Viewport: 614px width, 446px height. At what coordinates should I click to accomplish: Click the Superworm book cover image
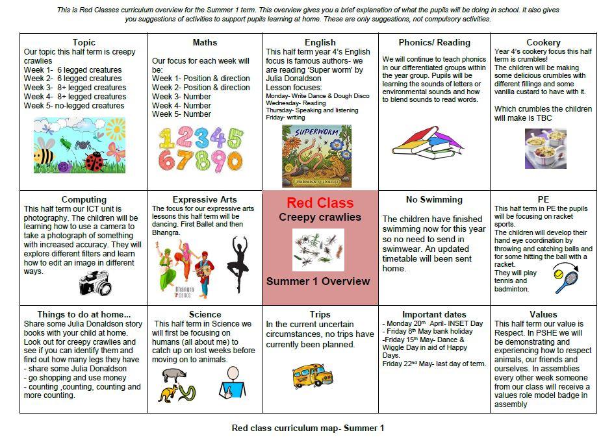pos(316,156)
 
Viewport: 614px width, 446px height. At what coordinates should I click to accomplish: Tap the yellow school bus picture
pos(309,375)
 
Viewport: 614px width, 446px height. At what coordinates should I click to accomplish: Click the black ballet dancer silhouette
pos(238,265)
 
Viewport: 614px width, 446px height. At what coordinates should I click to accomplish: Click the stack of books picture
pos(427,141)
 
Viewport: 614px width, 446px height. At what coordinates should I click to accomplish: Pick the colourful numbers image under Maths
pos(201,148)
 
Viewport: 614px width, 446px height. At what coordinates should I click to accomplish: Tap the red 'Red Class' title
pos(320,203)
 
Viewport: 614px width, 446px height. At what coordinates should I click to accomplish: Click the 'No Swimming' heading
pos(434,199)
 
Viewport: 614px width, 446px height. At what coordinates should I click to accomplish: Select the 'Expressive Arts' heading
pos(205,199)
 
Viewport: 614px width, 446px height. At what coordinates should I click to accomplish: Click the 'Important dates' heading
pos(434,314)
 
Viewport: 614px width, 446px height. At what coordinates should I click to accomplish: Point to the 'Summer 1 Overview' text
pos(318,281)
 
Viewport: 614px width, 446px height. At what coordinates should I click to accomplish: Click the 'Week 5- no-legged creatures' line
pos(74,105)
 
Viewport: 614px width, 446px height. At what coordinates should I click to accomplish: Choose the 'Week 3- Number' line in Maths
pos(181,96)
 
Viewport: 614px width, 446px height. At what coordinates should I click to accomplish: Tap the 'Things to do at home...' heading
pos(84,314)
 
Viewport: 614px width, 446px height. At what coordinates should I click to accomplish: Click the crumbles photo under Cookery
pos(545,148)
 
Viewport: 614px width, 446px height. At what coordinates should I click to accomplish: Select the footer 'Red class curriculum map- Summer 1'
pos(308,428)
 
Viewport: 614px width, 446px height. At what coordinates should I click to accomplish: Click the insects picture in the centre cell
pos(318,249)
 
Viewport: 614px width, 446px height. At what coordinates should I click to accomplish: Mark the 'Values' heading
pos(543,314)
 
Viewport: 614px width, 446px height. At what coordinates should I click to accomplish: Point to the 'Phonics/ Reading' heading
pos(434,42)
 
